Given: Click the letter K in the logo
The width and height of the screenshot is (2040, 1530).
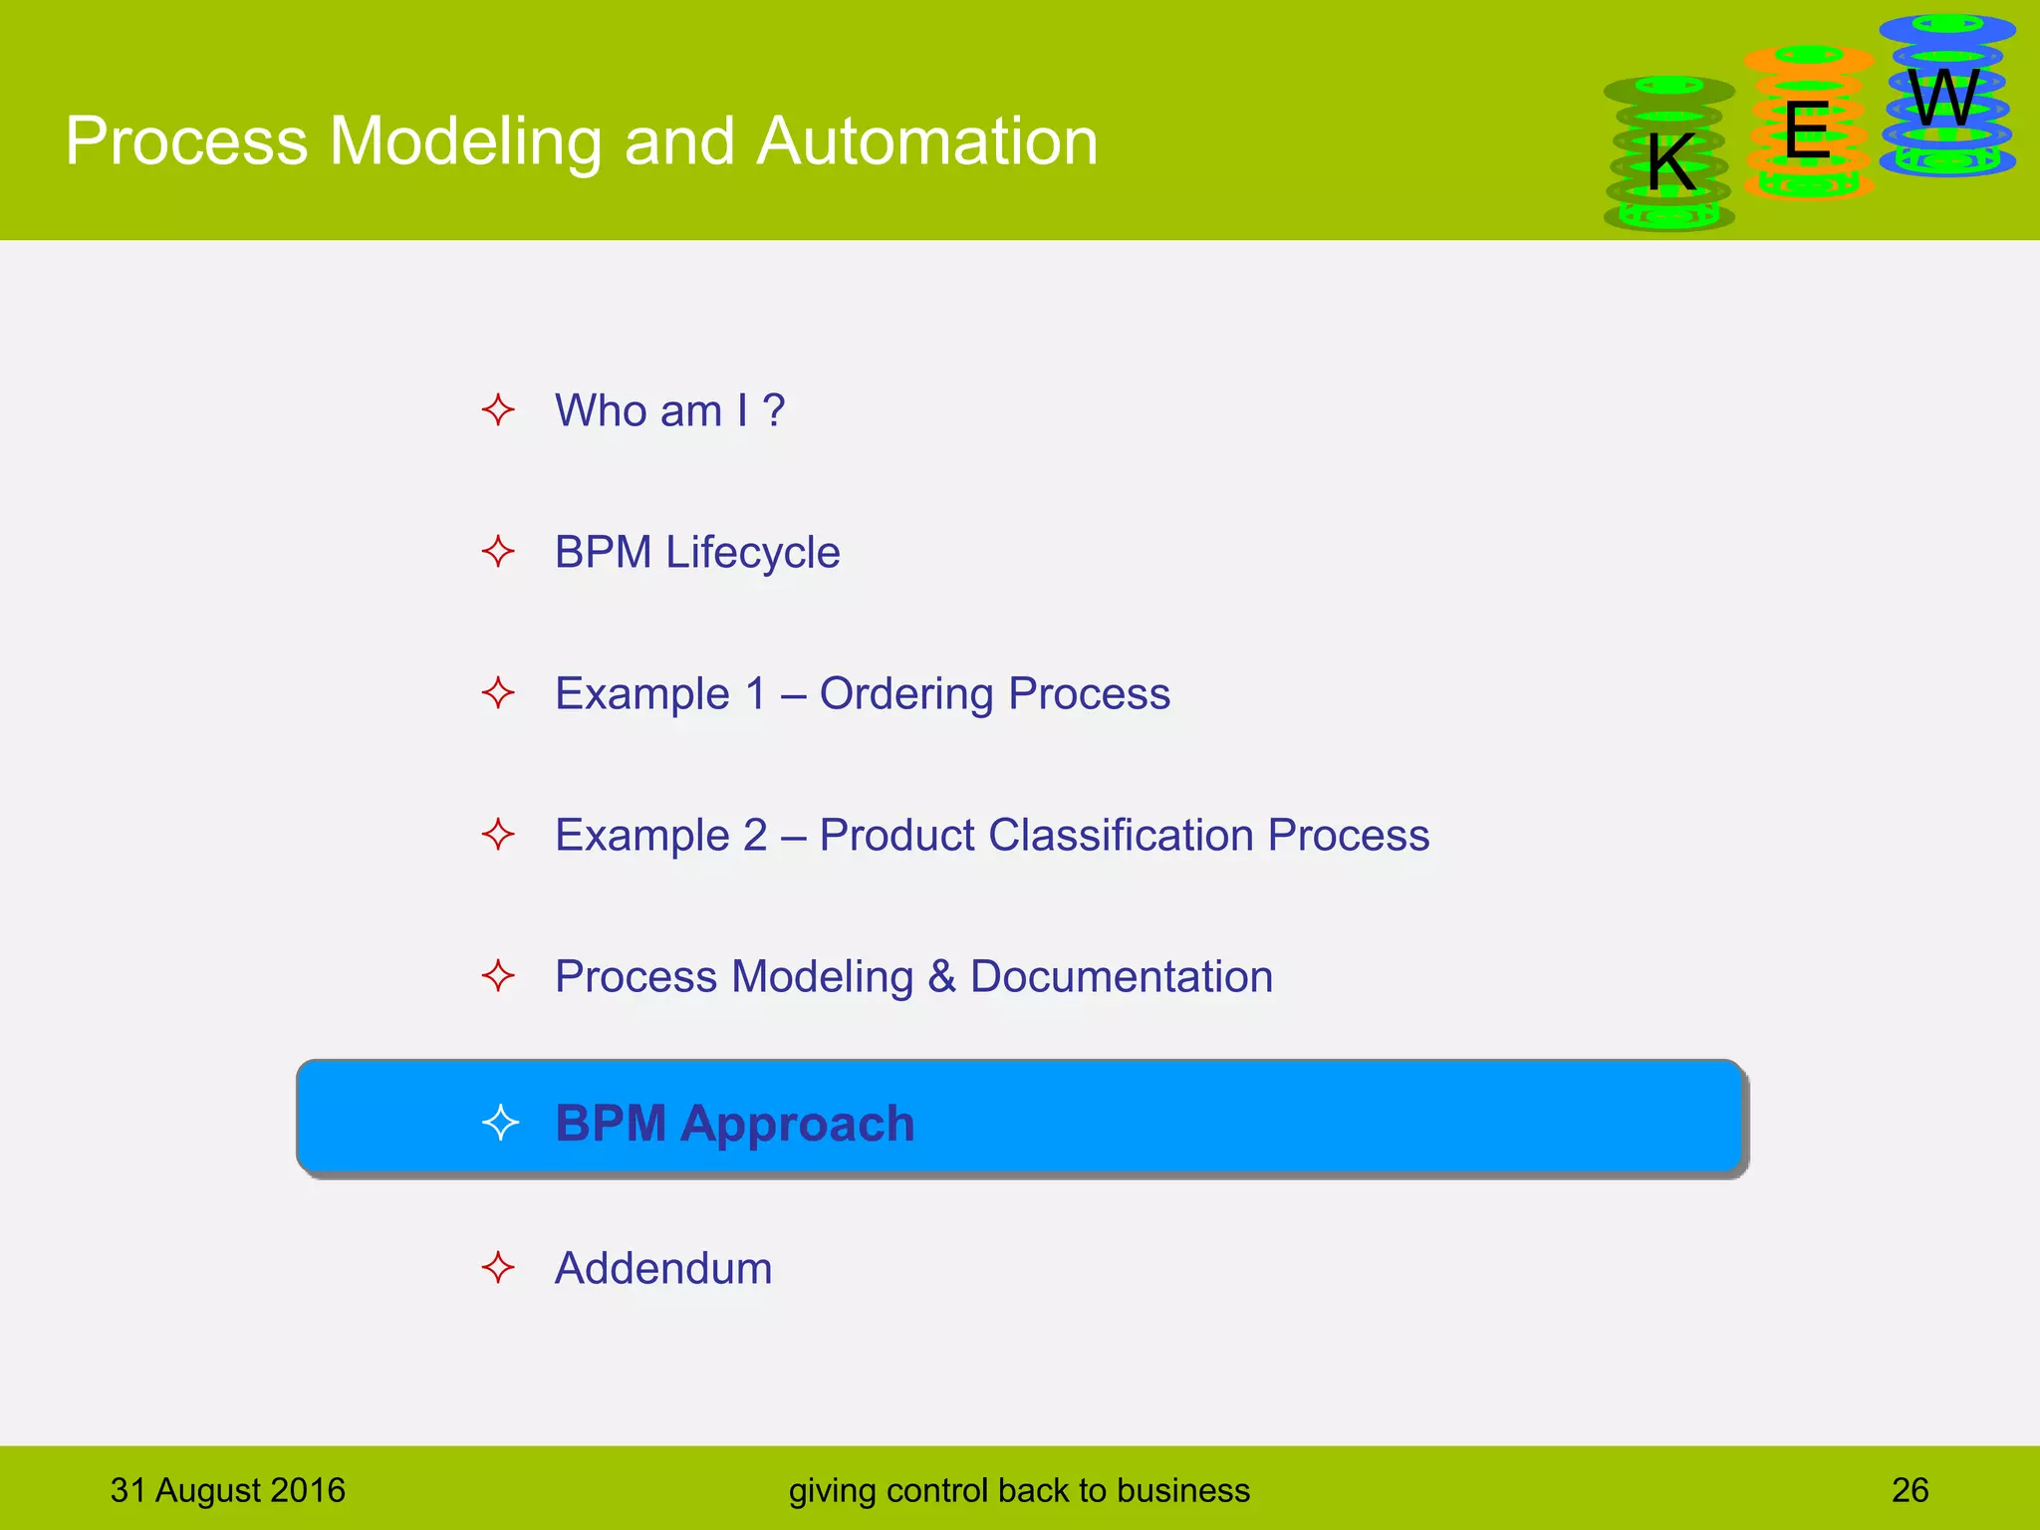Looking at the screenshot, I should click(x=1670, y=162).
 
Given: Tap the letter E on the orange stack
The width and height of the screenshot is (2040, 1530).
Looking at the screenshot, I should click(x=1807, y=130).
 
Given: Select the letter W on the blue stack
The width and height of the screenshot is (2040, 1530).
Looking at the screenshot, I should click(x=1943, y=99).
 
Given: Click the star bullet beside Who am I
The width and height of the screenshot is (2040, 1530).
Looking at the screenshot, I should click(x=498, y=409).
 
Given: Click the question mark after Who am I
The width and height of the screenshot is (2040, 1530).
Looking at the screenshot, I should click(x=774, y=410).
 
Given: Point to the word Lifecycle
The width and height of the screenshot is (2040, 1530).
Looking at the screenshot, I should click(x=752, y=553).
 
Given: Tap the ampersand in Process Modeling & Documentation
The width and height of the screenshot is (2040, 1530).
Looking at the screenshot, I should click(x=941, y=977).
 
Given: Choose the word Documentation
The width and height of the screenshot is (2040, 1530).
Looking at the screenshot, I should click(x=1121, y=977).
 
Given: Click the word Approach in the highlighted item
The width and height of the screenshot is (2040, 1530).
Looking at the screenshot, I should click(x=797, y=1124).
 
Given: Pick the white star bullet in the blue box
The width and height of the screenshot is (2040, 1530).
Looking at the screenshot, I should click(x=500, y=1123).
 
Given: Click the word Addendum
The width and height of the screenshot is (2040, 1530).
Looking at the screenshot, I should click(x=663, y=1269).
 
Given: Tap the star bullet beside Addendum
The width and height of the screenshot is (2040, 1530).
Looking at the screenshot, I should click(x=498, y=1268).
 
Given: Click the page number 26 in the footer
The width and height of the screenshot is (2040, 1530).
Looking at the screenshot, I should click(x=1910, y=1490).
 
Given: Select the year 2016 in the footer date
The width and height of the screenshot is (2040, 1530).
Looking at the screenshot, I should click(x=308, y=1490).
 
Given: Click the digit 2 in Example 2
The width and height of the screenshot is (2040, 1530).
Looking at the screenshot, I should click(x=755, y=835).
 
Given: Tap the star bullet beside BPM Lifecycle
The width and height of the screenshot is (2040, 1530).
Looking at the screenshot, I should click(x=498, y=551).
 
